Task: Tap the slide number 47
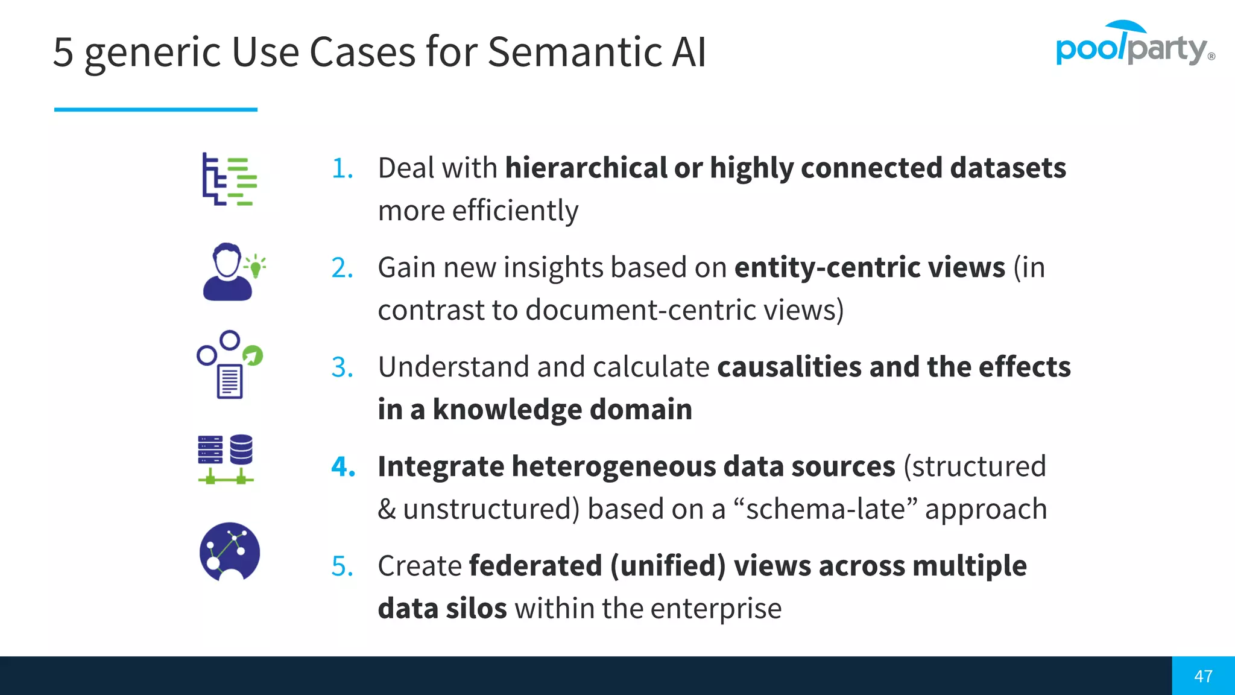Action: [x=1203, y=676]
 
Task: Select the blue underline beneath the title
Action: [x=156, y=109]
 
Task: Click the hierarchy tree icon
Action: [x=229, y=179]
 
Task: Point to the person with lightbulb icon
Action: [x=228, y=272]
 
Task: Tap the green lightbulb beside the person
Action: [x=256, y=266]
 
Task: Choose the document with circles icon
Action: [x=229, y=364]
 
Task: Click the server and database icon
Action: [x=226, y=459]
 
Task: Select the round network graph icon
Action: [x=230, y=551]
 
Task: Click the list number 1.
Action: [x=342, y=168]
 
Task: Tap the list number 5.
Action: [x=342, y=566]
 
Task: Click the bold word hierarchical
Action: [x=586, y=168]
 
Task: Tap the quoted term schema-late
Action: [x=826, y=509]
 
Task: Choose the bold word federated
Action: [x=535, y=566]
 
